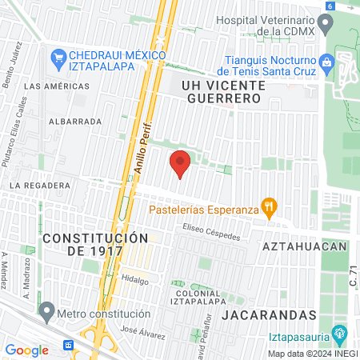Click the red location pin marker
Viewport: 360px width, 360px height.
181,163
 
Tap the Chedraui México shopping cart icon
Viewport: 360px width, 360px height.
58,56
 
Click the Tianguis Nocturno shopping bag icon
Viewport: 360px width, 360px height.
326,62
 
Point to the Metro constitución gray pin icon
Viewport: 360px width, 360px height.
46,310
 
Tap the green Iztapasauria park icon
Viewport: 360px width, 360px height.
339,331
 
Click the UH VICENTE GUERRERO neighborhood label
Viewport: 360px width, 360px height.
222,90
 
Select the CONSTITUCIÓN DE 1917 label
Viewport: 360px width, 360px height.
95,244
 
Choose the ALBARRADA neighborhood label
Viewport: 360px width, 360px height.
75,122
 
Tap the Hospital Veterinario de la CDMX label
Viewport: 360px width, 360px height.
279,25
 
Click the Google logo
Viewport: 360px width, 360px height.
26,350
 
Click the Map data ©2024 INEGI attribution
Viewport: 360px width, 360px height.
312,353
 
